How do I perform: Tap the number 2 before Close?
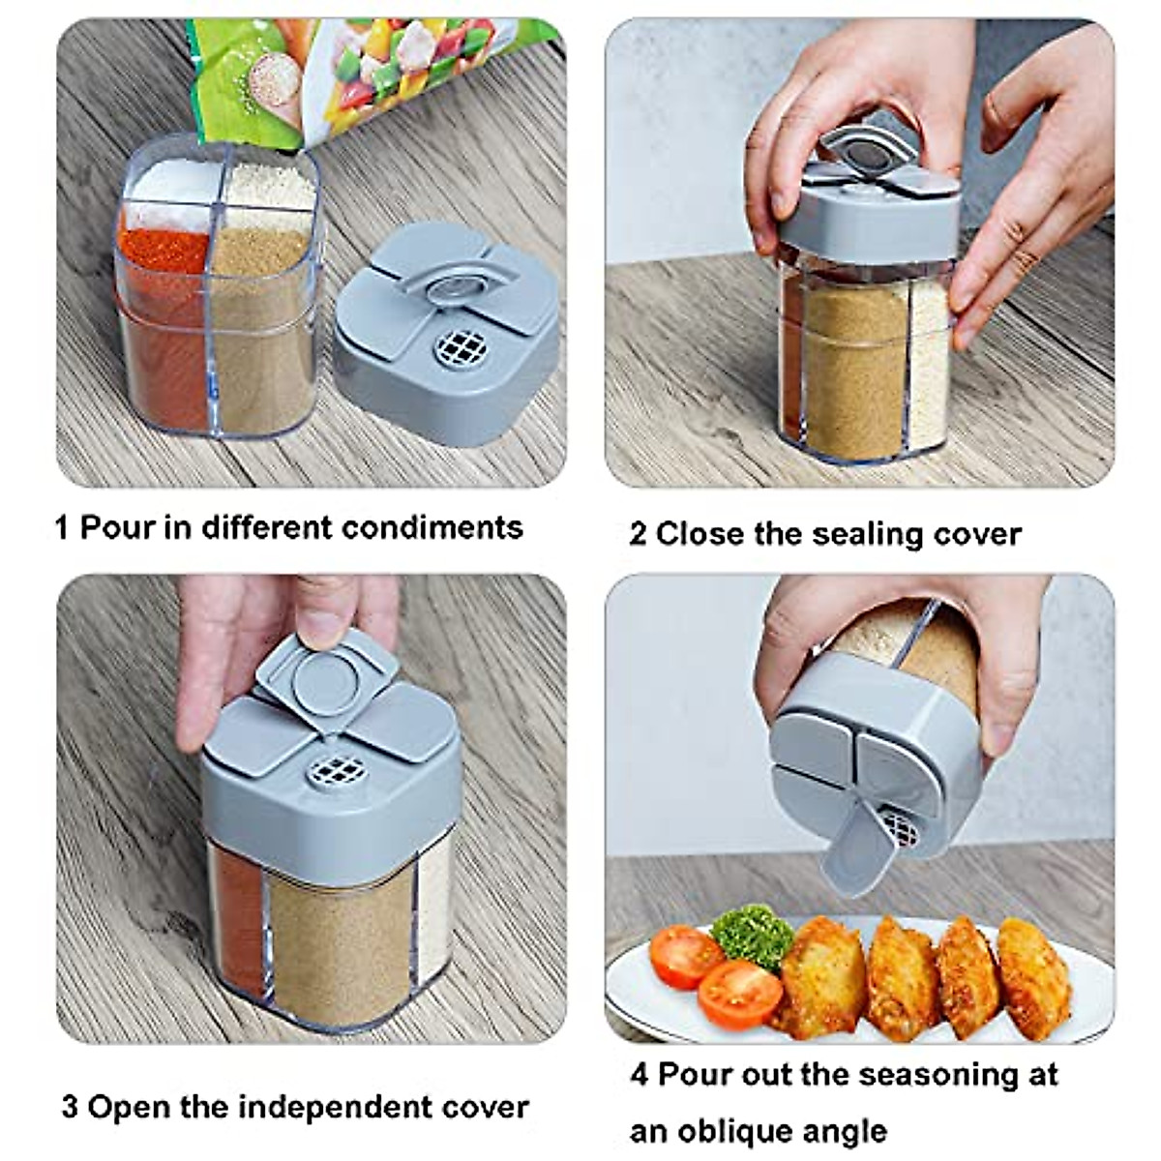click(x=638, y=534)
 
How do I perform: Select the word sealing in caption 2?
click(x=860, y=534)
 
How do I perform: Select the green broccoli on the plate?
click(x=748, y=934)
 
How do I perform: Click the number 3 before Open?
click(x=70, y=1107)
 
